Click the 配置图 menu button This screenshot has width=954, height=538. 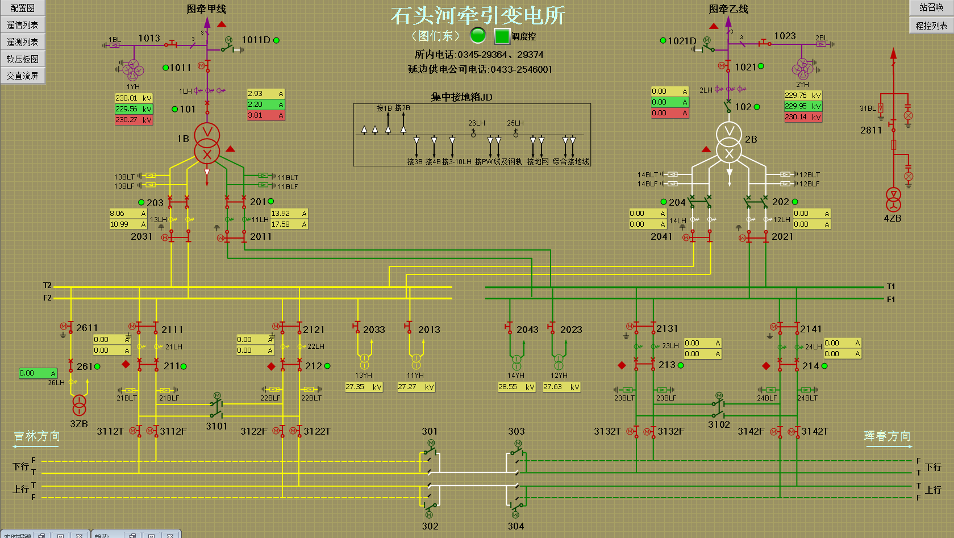coord(22,8)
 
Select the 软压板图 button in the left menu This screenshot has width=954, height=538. coord(22,59)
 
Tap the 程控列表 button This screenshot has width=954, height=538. coord(931,26)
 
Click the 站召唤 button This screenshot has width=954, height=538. coord(931,7)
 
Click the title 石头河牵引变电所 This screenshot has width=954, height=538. coord(477,16)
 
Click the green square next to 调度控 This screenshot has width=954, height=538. coord(502,36)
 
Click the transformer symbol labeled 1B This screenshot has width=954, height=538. coord(207,144)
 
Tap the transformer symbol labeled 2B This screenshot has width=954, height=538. coord(729,143)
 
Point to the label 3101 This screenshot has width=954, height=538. coord(216,426)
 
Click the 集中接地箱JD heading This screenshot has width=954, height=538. coord(461,97)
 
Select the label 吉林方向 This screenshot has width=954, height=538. coord(37,436)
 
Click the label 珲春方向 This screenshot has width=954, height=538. coord(887,436)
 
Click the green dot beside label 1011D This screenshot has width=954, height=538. coord(276,40)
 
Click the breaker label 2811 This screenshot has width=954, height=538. coord(870,130)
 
